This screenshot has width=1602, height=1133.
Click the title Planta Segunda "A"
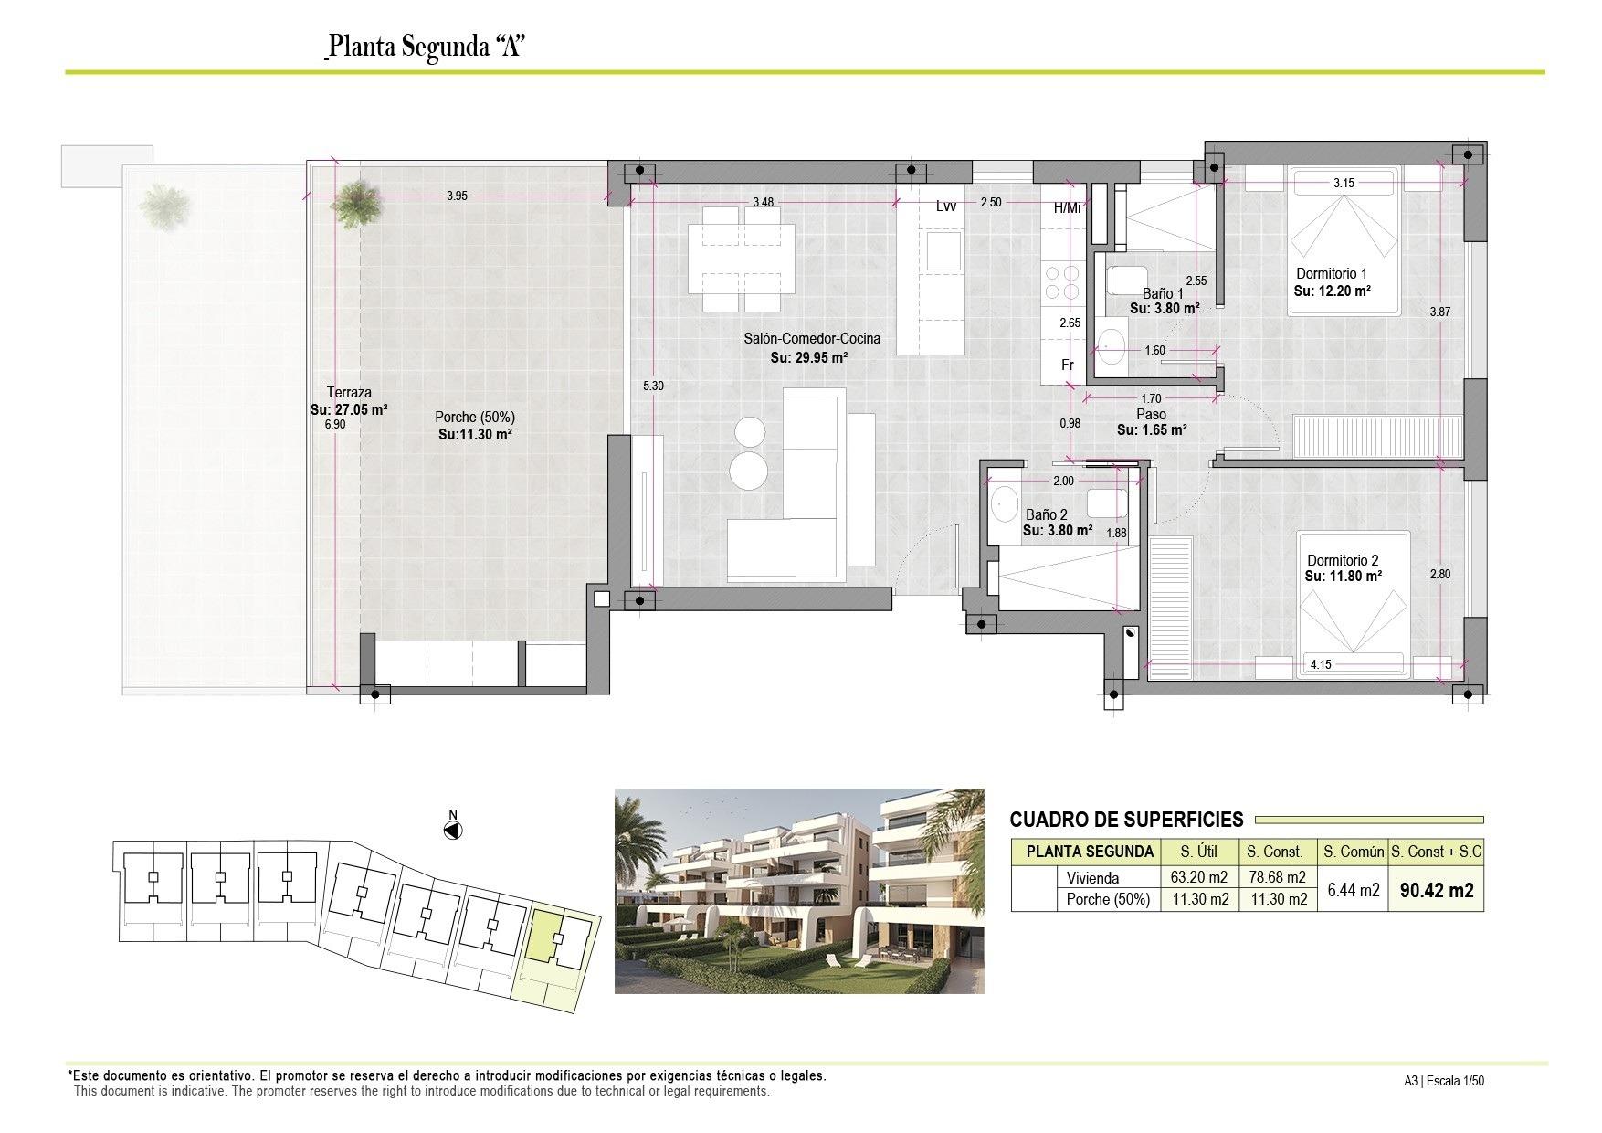tap(425, 47)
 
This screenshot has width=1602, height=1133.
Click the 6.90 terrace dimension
tap(336, 425)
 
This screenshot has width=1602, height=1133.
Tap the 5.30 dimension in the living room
tap(653, 386)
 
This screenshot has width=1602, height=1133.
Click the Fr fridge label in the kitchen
tap(1067, 365)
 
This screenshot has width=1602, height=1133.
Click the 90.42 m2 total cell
tap(1436, 890)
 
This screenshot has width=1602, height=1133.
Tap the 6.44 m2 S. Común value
tap(1353, 890)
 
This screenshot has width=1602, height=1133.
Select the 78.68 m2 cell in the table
tap(1275, 878)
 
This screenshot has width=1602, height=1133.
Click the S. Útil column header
tap(1198, 852)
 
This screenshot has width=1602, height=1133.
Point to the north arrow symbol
tap(452, 830)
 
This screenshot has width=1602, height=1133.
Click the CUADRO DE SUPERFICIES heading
tap(1126, 820)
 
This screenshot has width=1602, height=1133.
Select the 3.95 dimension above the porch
tap(457, 196)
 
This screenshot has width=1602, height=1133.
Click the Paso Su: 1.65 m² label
tap(1151, 422)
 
